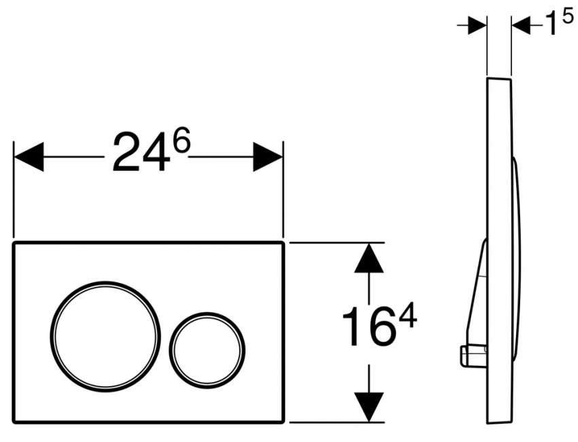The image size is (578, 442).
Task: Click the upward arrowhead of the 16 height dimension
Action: click(x=368, y=258)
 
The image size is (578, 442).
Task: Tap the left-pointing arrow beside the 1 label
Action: click(x=523, y=25)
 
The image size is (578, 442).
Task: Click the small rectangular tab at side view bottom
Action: click(x=469, y=353)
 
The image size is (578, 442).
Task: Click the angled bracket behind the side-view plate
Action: click(x=477, y=286)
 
